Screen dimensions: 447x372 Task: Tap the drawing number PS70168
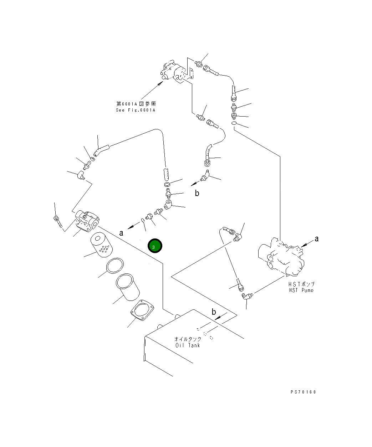tap(303, 392)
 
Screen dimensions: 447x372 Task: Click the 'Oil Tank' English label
tap(188, 345)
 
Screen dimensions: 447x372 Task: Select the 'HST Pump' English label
tap(301, 290)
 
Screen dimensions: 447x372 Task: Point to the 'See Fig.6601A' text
tap(136, 110)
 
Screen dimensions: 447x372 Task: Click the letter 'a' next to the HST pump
tap(316, 239)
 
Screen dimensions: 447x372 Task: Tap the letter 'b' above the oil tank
tap(214, 312)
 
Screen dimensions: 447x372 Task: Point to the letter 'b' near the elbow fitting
tap(197, 193)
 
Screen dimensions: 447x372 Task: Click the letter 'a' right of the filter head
tap(121, 233)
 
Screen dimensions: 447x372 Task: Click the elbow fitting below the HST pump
tap(247, 296)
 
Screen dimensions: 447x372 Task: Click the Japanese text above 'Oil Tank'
tap(188, 339)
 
